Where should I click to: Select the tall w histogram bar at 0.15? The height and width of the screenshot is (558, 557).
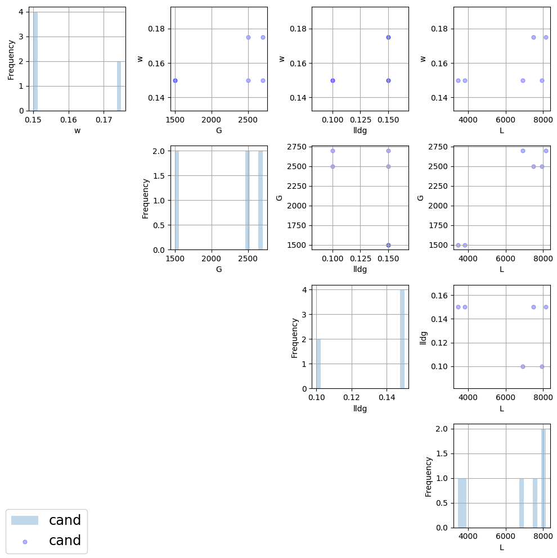click(35, 61)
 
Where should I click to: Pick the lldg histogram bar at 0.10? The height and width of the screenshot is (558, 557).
click(318, 364)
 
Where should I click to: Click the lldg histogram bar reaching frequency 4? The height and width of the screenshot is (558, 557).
click(402, 339)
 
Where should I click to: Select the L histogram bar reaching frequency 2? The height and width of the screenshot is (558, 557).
click(543, 478)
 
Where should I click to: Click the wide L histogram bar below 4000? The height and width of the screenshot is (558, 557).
click(462, 503)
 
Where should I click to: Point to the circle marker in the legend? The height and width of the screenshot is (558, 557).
click(25, 541)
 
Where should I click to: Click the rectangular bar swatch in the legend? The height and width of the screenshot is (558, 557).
click(25, 520)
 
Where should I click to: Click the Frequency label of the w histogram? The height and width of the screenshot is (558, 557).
click(11, 59)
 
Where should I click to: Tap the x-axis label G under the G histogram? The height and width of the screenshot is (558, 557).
click(219, 269)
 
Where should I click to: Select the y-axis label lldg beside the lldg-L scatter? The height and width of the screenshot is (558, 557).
click(424, 337)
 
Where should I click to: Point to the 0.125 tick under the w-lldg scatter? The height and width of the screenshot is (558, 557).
click(360, 120)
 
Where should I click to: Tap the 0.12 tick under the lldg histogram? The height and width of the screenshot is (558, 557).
click(352, 397)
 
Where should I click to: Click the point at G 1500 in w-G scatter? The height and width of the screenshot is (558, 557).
click(175, 80)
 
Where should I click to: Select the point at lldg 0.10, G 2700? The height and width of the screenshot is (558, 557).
click(333, 151)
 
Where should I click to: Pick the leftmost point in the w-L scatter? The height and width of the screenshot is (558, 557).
click(458, 80)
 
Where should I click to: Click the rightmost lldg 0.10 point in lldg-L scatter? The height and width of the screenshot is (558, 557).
click(542, 366)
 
